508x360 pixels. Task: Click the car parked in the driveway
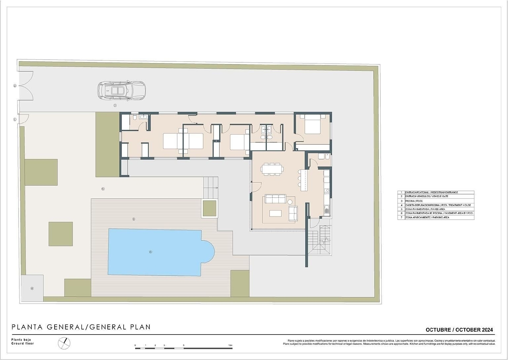tap(121, 91)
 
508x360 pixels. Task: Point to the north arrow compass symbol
tap(64, 343)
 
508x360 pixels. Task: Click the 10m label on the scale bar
tap(230, 345)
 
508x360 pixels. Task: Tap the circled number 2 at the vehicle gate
tap(15, 86)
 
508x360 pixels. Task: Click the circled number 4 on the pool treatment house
tap(32, 288)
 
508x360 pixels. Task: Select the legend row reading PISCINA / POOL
tap(436, 201)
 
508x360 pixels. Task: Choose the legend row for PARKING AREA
tap(436, 217)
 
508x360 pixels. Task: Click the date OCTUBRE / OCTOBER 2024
tap(459, 329)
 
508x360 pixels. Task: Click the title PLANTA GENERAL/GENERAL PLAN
tap(81, 327)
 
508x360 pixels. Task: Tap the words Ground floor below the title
tap(23, 343)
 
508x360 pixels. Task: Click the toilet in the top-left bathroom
tap(135, 117)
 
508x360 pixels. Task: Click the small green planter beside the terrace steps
tap(209, 208)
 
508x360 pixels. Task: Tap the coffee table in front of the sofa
tap(275, 213)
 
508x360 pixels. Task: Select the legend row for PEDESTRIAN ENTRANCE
tap(436, 192)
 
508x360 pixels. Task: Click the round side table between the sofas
tap(290, 202)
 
